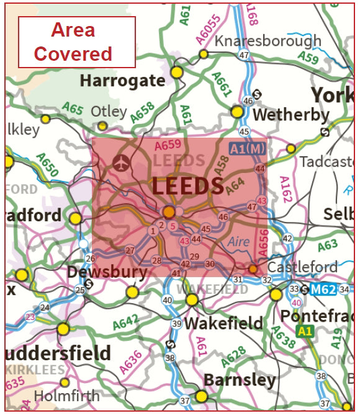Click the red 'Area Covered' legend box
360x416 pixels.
point(76,42)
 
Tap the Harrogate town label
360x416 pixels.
point(123,81)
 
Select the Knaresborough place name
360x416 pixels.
point(268,41)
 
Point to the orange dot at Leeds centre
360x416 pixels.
point(169,212)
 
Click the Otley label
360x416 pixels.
point(109,112)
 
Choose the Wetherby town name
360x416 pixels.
point(291,115)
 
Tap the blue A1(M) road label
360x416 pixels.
point(246,149)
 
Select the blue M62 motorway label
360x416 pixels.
point(323,290)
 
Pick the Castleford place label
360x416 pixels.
point(302,267)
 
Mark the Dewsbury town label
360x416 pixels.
point(107,272)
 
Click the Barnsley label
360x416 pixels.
point(240,379)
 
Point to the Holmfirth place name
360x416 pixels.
point(66,396)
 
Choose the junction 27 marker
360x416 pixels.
point(130,250)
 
